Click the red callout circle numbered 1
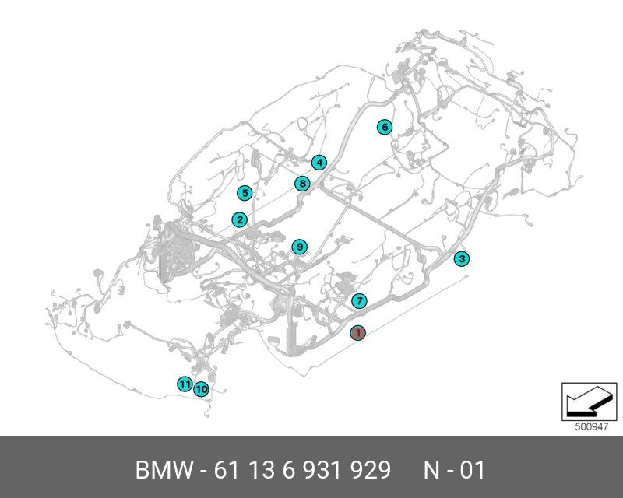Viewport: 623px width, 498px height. [357, 333]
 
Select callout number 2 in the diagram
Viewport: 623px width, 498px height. [240, 220]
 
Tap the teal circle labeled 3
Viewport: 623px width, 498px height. [462, 259]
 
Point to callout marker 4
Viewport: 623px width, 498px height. [319, 163]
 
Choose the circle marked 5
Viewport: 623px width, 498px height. [245, 193]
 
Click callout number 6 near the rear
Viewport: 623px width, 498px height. [384, 127]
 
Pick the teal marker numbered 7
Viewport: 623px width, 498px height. [359, 301]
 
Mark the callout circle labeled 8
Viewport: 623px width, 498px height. [302, 184]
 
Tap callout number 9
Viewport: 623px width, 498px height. [299, 247]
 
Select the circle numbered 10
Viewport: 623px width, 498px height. [201, 388]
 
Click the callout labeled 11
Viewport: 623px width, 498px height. [184, 384]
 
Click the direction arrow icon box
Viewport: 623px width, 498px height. [584, 402]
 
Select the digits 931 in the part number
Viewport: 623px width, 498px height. [317, 471]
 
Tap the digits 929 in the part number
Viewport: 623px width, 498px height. [368, 471]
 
